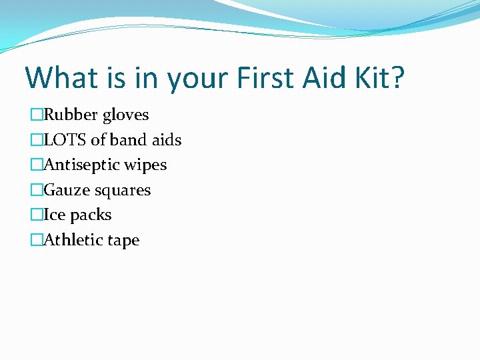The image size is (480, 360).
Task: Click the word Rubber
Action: point(71,115)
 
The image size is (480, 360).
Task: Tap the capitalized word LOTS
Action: point(65,140)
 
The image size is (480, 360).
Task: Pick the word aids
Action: point(167,140)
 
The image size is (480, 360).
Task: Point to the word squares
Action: point(123,191)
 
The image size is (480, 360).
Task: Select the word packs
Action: point(91,215)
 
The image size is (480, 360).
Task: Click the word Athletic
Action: point(71,240)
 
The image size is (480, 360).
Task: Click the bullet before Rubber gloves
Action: point(36,115)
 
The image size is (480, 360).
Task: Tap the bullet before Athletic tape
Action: point(36,241)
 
